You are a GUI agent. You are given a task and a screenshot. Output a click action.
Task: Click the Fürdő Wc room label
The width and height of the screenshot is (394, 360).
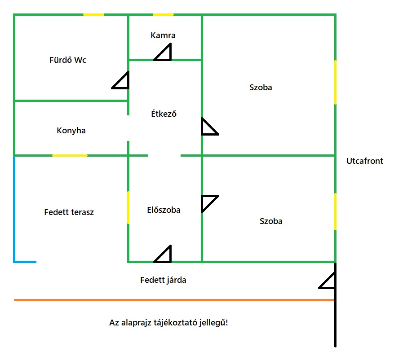[68, 60]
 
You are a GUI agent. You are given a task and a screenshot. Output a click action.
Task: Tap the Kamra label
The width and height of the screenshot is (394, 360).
[163, 35]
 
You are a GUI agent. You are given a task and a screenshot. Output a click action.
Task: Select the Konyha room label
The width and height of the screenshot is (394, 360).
[71, 131]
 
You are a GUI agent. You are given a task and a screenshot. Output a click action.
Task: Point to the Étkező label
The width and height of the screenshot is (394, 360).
[164, 114]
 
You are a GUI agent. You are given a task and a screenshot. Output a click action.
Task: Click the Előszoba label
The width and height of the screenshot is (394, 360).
[164, 210]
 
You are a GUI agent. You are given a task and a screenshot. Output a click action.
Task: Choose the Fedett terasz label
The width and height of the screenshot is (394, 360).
[69, 212]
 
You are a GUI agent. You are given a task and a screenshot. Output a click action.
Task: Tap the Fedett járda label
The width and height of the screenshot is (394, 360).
[163, 280]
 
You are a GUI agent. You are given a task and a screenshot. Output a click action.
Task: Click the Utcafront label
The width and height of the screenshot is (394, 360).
[365, 161]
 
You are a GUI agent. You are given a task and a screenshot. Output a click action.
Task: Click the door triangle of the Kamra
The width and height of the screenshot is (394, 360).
[164, 53]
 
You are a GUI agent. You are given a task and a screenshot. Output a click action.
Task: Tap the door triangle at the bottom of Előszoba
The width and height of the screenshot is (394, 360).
[164, 255]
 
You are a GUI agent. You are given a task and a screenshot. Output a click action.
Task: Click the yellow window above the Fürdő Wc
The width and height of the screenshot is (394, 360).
[93, 15]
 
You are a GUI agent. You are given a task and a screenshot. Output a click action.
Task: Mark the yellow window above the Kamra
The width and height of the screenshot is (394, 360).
[163, 15]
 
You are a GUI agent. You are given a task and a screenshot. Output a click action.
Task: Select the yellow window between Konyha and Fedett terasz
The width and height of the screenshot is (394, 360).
[70, 155]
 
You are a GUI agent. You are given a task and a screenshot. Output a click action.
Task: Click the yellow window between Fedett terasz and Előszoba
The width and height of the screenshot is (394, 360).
[128, 207]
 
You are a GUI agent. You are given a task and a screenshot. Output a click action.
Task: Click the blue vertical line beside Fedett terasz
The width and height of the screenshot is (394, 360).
[15, 209]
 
